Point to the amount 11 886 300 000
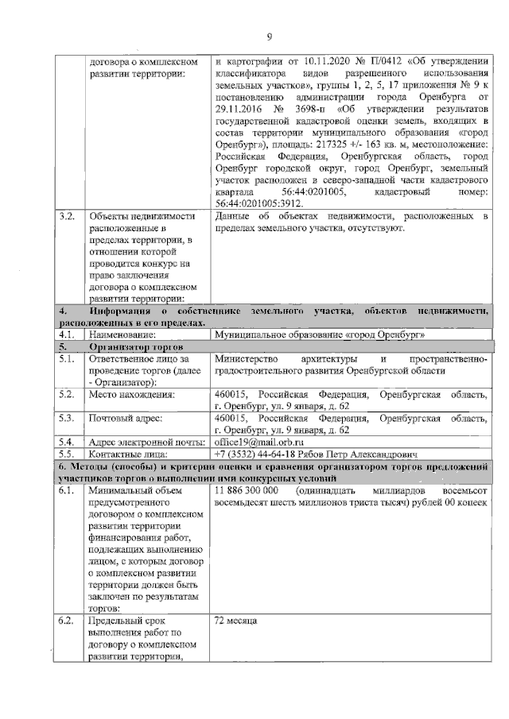click(x=247, y=492)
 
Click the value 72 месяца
click(x=236, y=620)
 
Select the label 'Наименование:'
click(x=125, y=335)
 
